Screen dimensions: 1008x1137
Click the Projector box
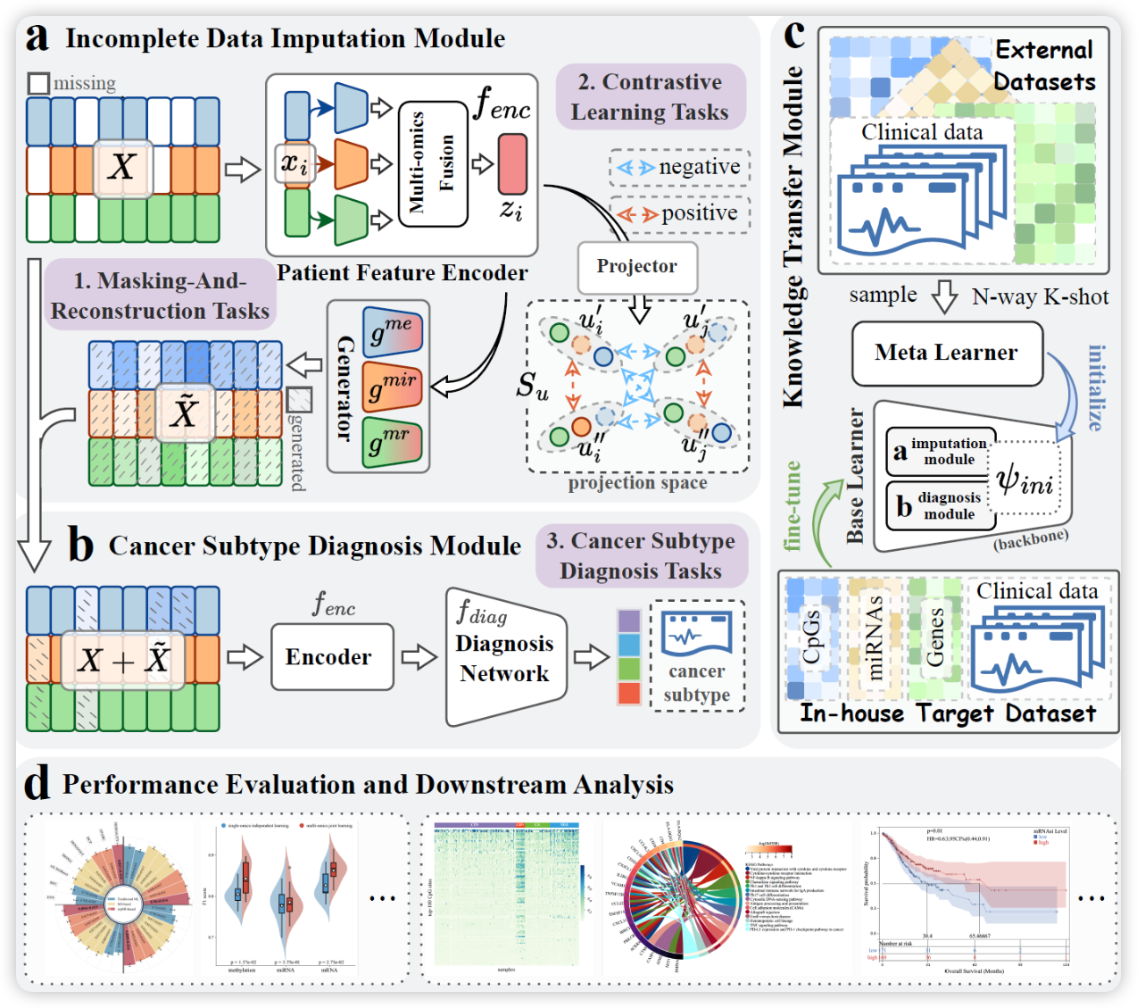[637, 267]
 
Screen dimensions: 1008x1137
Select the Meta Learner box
[947, 354]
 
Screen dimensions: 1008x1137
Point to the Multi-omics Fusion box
[433, 163]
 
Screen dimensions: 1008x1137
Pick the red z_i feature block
[512, 164]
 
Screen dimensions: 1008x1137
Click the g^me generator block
[392, 332]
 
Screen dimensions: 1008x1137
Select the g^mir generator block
[392, 387]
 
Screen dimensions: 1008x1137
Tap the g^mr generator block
[392, 442]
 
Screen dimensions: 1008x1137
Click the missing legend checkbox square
[38, 84]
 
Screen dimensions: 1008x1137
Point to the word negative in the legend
[700, 167]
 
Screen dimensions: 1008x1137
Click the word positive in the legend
[700, 213]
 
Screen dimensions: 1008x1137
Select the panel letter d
[37, 784]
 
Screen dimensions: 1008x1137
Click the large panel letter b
[80, 544]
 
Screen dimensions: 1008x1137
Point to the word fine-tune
[793, 505]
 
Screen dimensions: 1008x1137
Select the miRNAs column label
[874, 637]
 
